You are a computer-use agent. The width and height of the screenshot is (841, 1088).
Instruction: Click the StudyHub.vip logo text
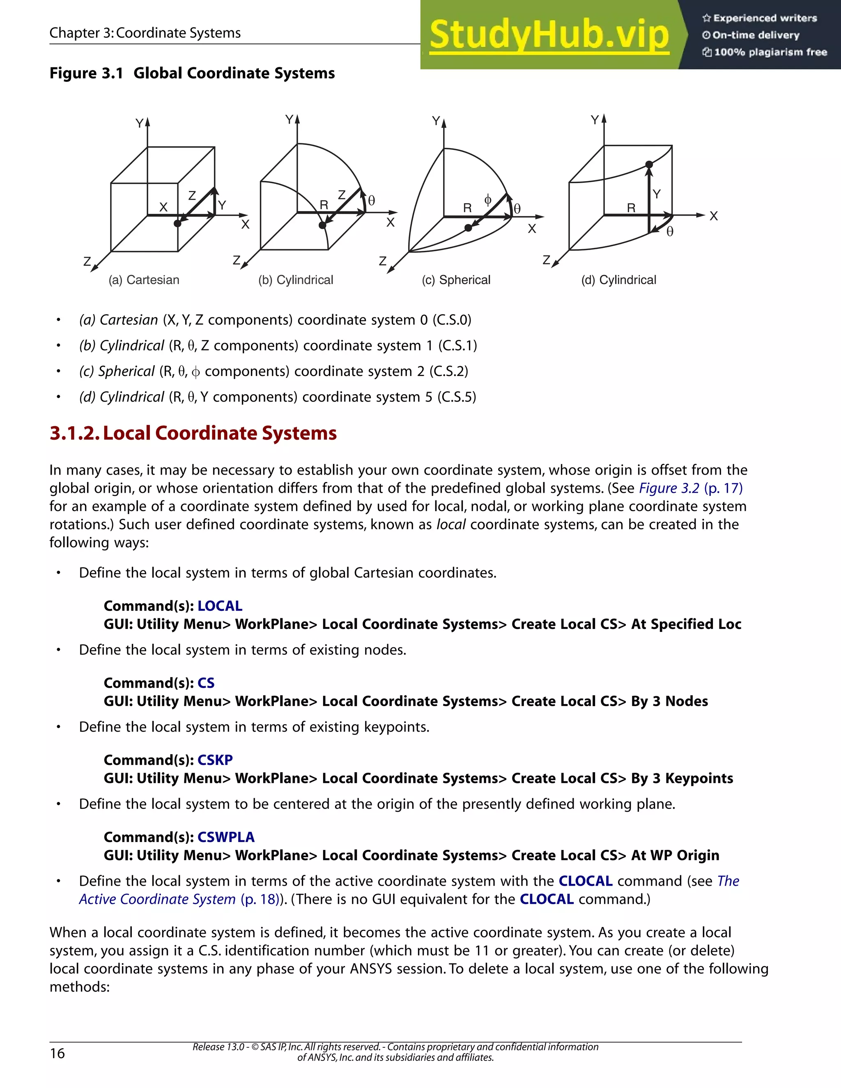coord(549,35)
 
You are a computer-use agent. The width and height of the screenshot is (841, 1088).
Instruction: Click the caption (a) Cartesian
coord(144,280)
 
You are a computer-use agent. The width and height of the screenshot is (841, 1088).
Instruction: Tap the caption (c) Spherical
coord(456,280)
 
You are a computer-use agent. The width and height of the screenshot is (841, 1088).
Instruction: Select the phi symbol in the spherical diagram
coord(488,200)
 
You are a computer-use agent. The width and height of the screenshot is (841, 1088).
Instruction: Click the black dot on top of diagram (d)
coord(649,164)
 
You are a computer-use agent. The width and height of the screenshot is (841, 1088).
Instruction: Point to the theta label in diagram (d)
coord(670,232)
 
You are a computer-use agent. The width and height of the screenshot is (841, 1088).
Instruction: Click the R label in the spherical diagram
coord(467,208)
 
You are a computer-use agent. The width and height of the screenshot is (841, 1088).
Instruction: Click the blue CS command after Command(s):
coord(206,683)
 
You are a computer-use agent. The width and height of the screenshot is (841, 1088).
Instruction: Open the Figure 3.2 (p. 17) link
coord(691,488)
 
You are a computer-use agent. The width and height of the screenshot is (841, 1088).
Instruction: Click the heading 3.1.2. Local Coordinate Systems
coord(193,433)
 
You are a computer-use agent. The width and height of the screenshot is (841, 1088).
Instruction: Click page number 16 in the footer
coord(57,1053)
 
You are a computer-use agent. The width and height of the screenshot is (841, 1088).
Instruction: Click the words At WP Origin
coord(675,855)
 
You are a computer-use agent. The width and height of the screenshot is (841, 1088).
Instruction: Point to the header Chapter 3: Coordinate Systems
coord(145,33)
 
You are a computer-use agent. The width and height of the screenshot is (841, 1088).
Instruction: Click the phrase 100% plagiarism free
coord(770,52)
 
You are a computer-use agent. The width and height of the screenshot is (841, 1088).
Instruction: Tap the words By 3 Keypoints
coord(682,778)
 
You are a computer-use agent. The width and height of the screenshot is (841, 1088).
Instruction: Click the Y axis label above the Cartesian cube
coord(140,123)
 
